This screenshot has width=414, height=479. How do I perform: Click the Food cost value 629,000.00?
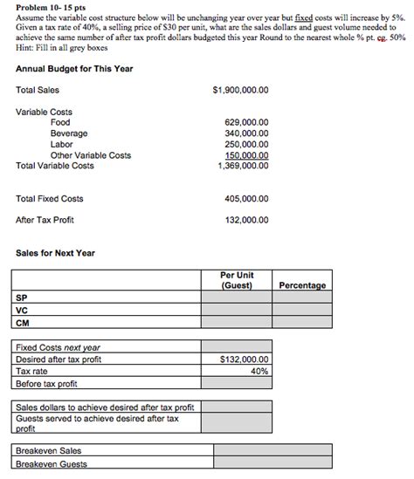point(247,123)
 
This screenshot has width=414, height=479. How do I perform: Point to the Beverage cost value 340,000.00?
point(247,133)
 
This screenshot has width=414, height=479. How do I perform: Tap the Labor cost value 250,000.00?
point(247,145)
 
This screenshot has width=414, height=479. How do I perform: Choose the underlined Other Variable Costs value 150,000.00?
point(247,155)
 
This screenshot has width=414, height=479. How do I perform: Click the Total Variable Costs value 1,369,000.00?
point(244,166)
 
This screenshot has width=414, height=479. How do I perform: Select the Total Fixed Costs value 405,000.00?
point(247,199)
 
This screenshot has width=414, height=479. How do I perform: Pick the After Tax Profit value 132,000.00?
point(247,221)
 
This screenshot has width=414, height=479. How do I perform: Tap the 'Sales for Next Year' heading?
point(55,254)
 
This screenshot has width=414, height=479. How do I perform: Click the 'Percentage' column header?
point(302,285)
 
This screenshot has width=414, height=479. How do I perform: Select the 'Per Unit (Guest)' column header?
point(237,280)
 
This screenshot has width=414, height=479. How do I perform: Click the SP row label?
point(22,297)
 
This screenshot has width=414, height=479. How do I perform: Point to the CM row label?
point(22,322)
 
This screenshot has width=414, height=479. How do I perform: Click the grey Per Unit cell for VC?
point(237,310)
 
